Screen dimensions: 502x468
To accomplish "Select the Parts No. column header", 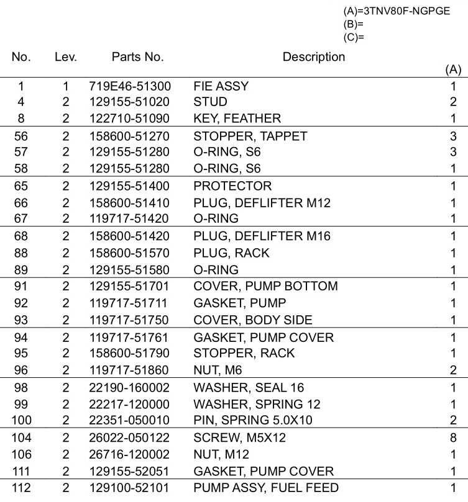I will (x=137, y=57).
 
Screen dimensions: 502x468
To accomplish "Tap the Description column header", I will (x=313, y=57).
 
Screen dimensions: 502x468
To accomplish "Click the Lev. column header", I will (x=66, y=57).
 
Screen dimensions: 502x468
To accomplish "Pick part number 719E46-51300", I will (x=130, y=86).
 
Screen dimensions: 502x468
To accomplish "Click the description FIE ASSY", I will (x=221, y=86).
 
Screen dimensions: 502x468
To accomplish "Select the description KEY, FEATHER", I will (x=237, y=118).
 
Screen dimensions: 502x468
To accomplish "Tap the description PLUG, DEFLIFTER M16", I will (x=262, y=236).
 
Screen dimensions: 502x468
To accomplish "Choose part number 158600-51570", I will (x=130, y=253).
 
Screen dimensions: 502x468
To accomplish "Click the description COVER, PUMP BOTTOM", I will (x=265, y=286).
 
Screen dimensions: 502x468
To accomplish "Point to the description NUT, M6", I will (x=218, y=370).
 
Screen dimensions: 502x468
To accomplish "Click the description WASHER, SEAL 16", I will (x=249, y=388).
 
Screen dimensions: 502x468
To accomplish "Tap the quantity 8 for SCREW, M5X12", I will (x=453, y=437).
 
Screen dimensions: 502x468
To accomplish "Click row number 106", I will (x=21, y=454).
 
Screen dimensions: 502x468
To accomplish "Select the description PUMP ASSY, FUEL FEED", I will (x=266, y=488).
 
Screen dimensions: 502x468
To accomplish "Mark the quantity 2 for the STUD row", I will (x=453, y=102).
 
